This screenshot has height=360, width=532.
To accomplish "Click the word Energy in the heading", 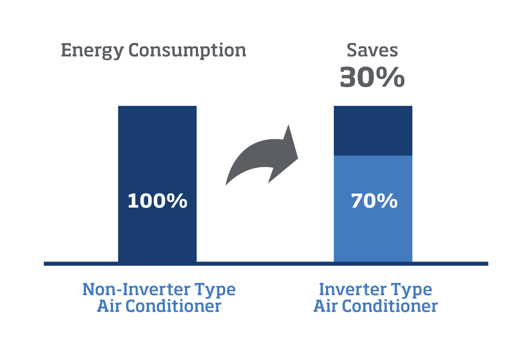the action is [92, 51].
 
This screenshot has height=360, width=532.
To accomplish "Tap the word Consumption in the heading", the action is [187, 51].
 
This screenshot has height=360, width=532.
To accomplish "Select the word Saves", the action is [372, 50].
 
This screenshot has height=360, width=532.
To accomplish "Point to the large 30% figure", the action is [372, 77].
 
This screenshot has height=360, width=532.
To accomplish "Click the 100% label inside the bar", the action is [157, 201].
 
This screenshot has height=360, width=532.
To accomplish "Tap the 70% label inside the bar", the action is [374, 201].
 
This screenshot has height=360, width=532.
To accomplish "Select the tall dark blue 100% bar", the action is [157, 184].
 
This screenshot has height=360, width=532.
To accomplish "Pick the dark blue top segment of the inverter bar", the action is [373, 131].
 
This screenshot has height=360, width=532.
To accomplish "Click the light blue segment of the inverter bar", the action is [373, 209].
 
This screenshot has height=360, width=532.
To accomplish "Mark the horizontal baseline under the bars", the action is [266, 264].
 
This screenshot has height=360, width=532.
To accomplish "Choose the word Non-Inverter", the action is [136, 289].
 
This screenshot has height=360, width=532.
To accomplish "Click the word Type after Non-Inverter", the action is [215, 290].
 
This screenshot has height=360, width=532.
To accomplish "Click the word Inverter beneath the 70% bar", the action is [353, 289].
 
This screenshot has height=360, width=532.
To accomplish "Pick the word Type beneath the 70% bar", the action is [411, 290].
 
